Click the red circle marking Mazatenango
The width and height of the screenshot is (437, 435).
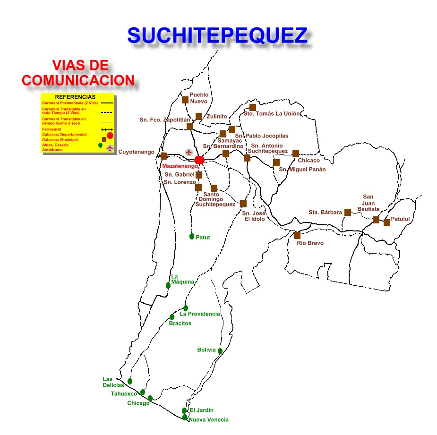point(199,160)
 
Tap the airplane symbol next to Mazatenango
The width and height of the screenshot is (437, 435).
point(189,152)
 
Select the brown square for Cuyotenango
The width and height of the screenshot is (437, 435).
point(164,156)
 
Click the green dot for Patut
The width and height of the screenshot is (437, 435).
point(192,236)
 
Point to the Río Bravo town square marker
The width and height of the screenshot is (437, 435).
point(297,235)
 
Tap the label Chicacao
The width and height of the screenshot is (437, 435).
point(308,161)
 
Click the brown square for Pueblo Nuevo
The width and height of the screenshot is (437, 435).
point(185,100)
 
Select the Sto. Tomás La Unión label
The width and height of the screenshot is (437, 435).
point(272,113)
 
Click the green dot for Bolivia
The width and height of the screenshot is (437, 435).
point(220,350)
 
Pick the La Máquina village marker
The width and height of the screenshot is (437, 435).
point(168,285)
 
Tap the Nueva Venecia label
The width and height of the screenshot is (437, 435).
point(208,419)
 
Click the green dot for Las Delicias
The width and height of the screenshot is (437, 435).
point(130,381)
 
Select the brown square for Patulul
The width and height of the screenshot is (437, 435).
point(387,222)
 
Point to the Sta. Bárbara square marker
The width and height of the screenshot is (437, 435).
point(348,212)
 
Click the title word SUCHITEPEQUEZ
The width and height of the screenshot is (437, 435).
point(217,35)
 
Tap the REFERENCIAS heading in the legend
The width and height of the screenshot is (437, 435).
point(78,97)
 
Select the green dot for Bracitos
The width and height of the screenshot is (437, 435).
point(172,317)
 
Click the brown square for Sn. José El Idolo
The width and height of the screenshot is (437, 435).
point(243,204)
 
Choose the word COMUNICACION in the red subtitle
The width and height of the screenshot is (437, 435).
point(78,80)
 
